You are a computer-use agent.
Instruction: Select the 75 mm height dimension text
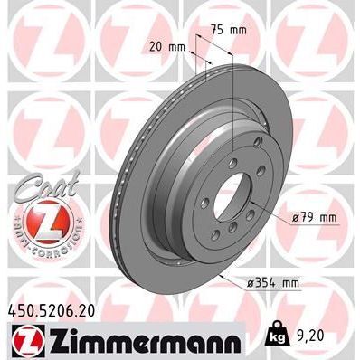click(x=232, y=29)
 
